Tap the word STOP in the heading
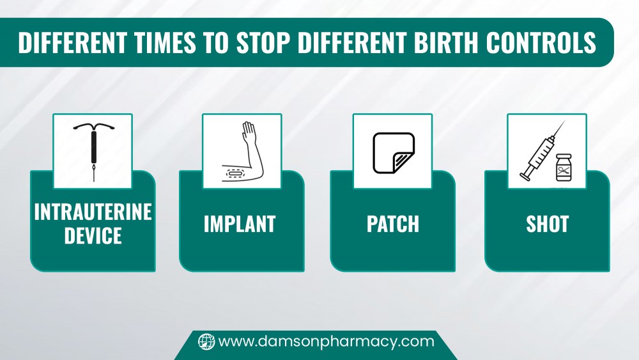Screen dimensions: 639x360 (x=263, y=42)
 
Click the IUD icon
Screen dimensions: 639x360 (x=94, y=151)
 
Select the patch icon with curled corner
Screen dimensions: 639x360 (x=394, y=153)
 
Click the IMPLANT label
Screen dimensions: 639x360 (x=240, y=224)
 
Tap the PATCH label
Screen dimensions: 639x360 (x=393, y=224)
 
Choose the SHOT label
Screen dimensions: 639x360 (x=548, y=224)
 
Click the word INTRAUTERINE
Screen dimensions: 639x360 (x=93, y=212)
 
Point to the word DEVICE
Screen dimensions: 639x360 (x=93, y=236)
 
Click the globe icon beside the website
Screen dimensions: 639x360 (x=206, y=341)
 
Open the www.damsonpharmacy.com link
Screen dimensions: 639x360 (x=326, y=341)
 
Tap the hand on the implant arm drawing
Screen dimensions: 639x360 (x=249, y=131)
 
